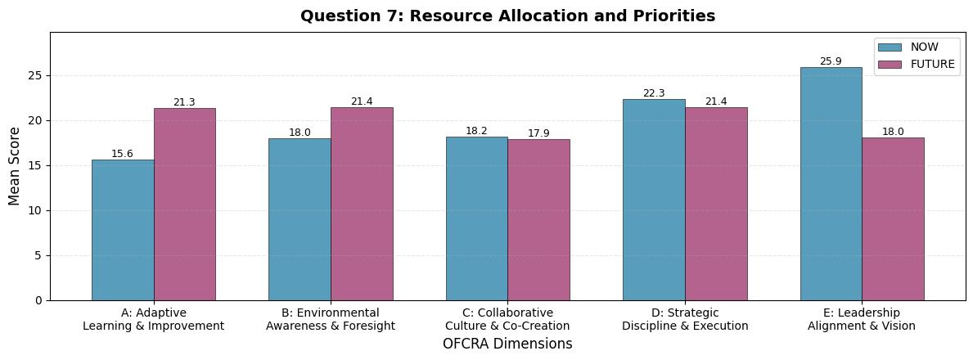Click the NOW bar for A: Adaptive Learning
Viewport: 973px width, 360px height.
(123, 230)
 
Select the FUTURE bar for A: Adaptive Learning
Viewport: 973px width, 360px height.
(185, 205)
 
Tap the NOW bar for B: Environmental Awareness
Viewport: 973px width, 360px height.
(300, 219)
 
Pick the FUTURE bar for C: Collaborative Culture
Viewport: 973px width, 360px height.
(538, 220)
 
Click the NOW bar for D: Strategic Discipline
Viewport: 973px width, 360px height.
(654, 200)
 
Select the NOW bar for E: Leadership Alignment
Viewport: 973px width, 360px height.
(831, 184)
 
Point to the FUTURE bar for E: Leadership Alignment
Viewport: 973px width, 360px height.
(893, 219)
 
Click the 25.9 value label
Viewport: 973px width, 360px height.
(831, 61)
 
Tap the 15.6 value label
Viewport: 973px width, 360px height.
(123, 154)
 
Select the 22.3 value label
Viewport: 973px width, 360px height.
(654, 93)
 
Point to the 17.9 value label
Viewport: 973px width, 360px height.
(538, 133)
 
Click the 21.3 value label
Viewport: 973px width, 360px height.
(185, 102)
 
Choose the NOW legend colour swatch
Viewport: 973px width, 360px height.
(890, 47)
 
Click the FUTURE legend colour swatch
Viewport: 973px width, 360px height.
(890, 64)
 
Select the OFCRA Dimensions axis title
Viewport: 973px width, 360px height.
(507, 344)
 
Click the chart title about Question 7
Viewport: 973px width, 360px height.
(507, 16)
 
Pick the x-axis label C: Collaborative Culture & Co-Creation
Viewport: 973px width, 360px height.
(507, 319)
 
